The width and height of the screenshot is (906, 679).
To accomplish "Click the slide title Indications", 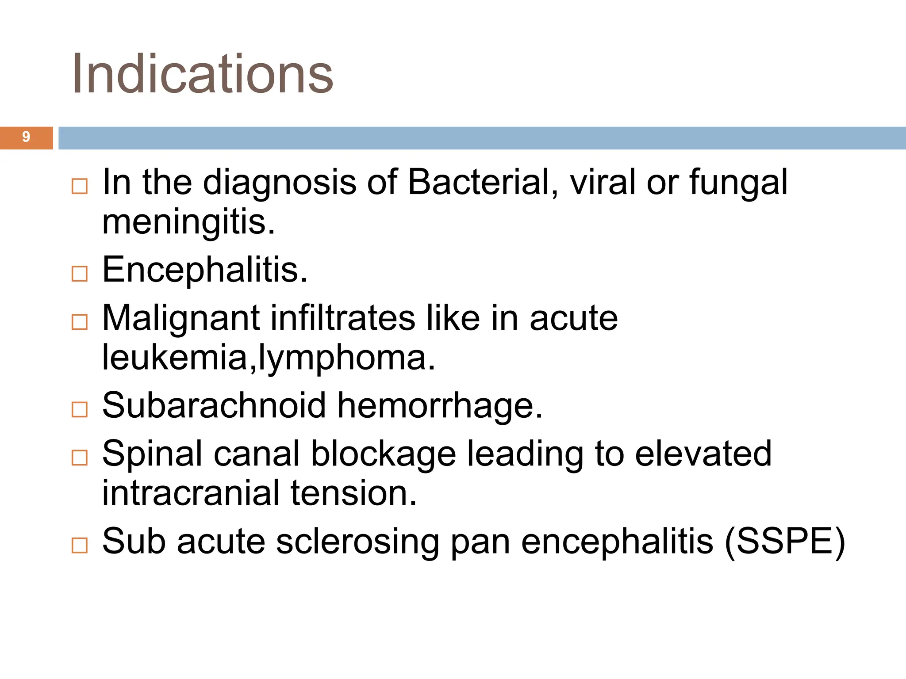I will [202, 74].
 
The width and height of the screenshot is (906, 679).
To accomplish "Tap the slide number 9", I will [26, 137].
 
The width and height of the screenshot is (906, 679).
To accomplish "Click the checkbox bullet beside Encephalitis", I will [80, 274].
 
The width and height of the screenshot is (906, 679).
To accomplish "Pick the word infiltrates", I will [343, 318].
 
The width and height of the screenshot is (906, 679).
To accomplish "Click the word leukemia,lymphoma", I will [269, 357].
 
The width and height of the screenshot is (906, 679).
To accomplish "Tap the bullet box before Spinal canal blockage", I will [80, 458].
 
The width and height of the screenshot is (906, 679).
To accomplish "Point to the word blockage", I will [383, 454].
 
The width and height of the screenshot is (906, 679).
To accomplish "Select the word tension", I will [353, 493].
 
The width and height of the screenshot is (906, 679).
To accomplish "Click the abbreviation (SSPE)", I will [784, 541].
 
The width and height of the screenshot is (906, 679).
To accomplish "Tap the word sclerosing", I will [357, 542].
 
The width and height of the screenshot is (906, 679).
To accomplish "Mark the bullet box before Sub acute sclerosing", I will [80, 545].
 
